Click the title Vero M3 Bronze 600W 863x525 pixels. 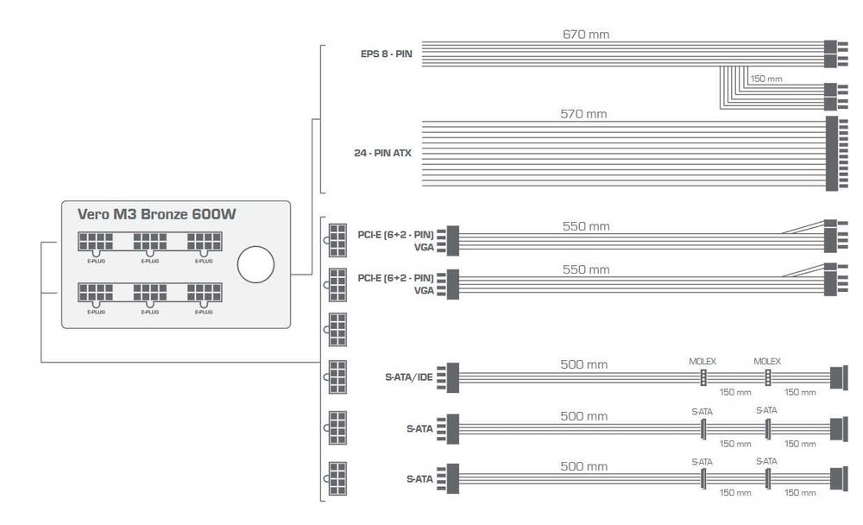pos(157,215)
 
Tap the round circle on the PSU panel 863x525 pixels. pos(255,264)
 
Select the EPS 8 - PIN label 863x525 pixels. pos(386,53)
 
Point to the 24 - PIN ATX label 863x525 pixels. pos(382,153)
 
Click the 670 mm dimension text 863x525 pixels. pos(586,34)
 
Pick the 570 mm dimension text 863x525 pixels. pos(585,113)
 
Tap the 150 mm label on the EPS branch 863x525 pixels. pos(766,79)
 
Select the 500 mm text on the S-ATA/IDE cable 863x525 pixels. pos(584,364)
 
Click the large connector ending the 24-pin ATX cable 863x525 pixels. pos(832,153)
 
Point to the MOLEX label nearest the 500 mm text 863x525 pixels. pos(702,360)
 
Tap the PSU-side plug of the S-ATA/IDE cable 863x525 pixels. pos(452,377)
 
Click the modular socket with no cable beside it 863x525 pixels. pos(337,329)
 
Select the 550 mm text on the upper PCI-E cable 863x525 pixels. pos(586,226)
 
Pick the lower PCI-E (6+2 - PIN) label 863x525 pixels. pos(395,278)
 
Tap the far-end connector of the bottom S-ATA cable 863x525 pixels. pos(835,477)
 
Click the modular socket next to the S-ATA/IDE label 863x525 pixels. pos(337,377)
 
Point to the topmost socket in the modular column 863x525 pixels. pos(337,235)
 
